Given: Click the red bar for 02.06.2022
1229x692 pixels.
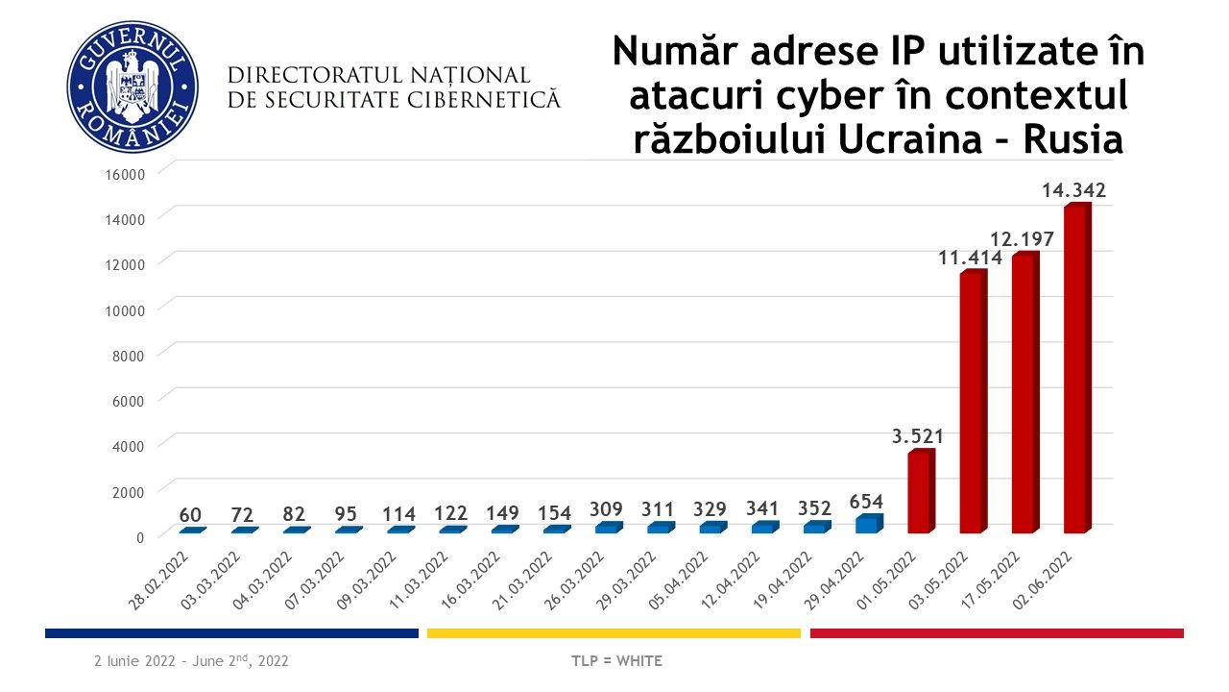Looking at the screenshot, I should [x=1077, y=370].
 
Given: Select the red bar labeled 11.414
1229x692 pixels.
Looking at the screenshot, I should [x=973, y=404].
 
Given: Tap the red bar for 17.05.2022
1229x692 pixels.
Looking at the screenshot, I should [x=1024, y=394].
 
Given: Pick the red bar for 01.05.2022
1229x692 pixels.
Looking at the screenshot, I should [x=920, y=493].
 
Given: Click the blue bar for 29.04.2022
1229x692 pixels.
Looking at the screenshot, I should [x=868, y=524].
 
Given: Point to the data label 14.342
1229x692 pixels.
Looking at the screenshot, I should [x=1074, y=190].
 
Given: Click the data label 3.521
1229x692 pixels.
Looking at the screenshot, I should [x=918, y=436].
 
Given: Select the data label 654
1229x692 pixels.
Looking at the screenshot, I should [x=867, y=501].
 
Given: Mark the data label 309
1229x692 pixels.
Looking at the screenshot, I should [x=607, y=508].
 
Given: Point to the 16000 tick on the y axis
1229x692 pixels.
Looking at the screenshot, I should [x=124, y=174].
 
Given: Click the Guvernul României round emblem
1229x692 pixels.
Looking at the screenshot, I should [x=133, y=86].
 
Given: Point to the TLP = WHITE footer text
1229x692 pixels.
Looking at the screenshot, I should [x=616, y=661].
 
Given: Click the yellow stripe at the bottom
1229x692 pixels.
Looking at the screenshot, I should [x=614, y=633].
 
